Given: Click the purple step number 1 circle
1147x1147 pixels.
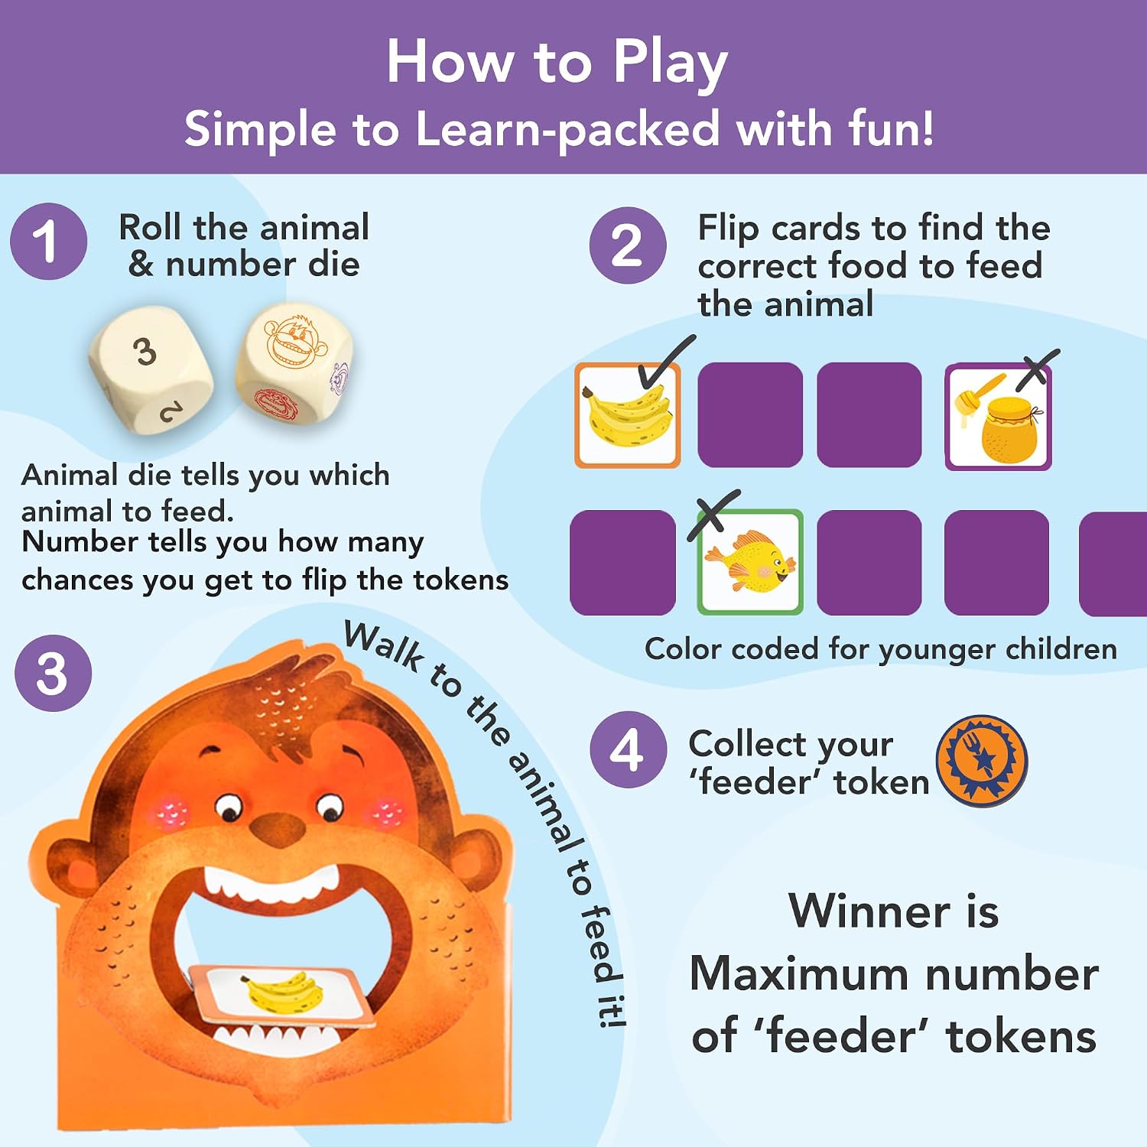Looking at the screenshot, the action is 48,242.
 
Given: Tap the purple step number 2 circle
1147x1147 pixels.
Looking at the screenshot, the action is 628,245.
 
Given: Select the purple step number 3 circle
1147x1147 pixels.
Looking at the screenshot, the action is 53,674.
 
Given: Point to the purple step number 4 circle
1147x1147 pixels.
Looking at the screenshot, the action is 628,749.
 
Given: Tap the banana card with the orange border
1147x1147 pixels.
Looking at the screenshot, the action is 628,415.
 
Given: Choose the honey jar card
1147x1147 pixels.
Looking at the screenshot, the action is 998,417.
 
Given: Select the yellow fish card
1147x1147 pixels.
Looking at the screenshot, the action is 750,562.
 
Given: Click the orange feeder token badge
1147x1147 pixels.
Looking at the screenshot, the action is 982,761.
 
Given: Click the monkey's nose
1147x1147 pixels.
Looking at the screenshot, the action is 277,829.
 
